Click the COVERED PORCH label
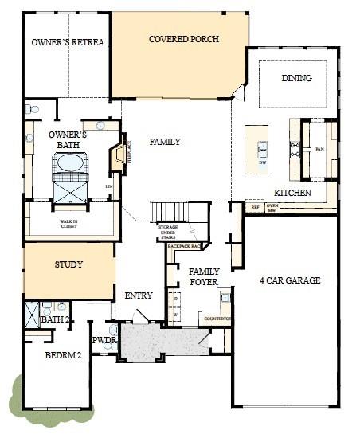tap(184, 39)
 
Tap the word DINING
tap(296, 78)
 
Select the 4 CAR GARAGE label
tap(290, 280)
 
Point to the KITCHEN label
tap(291, 193)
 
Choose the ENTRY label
tap(139, 295)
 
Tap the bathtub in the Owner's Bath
tap(70, 162)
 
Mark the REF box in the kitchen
tap(255, 207)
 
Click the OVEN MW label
tap(272, 208)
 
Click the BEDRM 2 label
tap(63, 355)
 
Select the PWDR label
tap(105, 341)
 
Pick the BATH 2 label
tap(56, 319)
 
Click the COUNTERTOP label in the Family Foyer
tap(217, 319)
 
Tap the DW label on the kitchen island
tap(262, 162)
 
